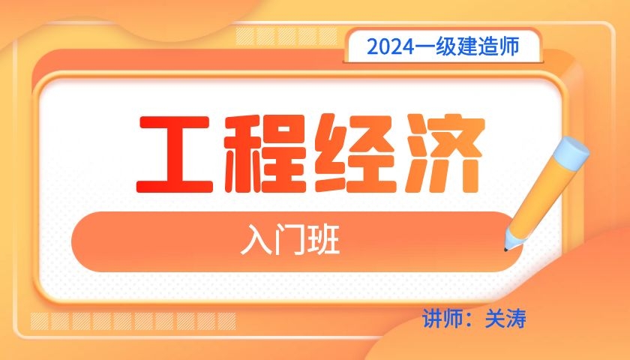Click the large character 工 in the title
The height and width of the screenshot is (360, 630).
coord(174,154)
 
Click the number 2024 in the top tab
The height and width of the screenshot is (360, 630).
coord(391,47)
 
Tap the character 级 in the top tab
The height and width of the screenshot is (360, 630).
coord(445,47)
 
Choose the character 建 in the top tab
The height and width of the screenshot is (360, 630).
coord(466,47)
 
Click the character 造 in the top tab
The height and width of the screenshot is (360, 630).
coord(487,47)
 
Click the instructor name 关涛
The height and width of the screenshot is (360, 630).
coord(505,319)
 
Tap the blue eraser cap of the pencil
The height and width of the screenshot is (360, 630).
coord(571,153)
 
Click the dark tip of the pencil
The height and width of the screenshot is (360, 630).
coord(505,250)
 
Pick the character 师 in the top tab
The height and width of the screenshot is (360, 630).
coord(508,47)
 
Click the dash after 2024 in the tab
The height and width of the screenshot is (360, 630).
coord(424,47)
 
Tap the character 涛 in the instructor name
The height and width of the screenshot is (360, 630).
coord(516,319)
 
